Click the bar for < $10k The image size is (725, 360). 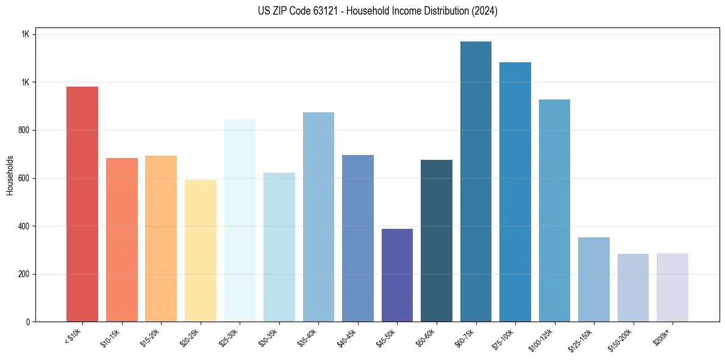click(82, 204)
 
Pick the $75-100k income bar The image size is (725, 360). click(515, 192)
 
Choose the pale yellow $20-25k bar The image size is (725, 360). click(201, 251)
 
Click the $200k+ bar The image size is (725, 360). click(673, 287)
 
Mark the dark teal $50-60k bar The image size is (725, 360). click(437, 240)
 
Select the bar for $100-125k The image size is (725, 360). click(554, 211)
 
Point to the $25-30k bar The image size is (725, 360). click(240, 220)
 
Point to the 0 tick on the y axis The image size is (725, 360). click(28, 322)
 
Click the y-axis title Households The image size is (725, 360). click(10, 175)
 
